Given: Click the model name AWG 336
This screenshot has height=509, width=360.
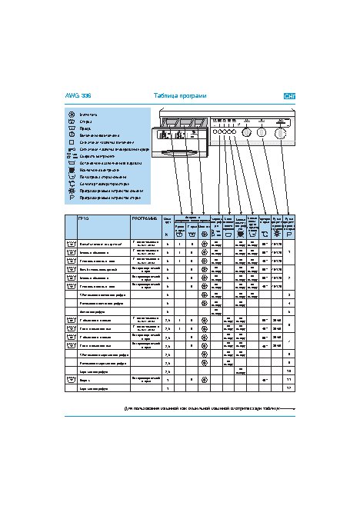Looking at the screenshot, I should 75,96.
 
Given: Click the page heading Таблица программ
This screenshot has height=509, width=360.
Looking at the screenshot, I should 180,96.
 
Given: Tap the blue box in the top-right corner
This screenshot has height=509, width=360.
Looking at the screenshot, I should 290,96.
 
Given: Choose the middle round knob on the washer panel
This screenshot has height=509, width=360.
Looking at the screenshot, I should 262,132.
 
